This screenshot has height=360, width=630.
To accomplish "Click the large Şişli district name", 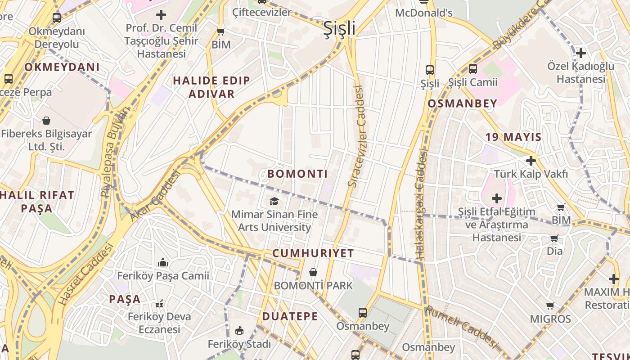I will coord(340,28).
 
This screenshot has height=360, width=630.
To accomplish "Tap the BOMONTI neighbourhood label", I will coord(297,174).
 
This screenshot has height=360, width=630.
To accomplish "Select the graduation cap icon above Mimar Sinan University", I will coord(274,201).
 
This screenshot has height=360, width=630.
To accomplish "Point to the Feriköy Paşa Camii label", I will coord(163,275).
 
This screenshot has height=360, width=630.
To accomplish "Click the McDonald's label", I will coord(423,13).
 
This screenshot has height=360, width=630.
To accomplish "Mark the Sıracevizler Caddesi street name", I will coord(356,136).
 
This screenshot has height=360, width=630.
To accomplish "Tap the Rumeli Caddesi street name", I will coord(462,326).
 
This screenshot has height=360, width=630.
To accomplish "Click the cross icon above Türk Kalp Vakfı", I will coord(531,161).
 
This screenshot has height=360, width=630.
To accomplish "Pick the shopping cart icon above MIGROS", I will coord(550,306).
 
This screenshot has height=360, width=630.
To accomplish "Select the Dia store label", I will coord(554,251).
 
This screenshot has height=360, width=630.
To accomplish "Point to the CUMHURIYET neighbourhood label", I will coord(313,253).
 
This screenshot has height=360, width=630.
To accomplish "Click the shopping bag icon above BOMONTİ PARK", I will coord(313,272).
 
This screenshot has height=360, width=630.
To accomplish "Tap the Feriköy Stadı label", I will coord(239,344).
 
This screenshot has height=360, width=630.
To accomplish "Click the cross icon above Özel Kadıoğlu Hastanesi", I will coord(580,53).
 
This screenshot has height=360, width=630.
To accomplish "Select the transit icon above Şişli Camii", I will coord(473,69).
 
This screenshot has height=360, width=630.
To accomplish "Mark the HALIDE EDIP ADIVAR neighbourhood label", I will coord(211,87).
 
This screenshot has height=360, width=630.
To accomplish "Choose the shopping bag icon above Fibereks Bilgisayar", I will coord(46,121).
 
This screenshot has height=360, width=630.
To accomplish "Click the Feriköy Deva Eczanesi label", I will coord(159,323).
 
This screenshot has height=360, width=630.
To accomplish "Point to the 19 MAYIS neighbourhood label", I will coord(513,137).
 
